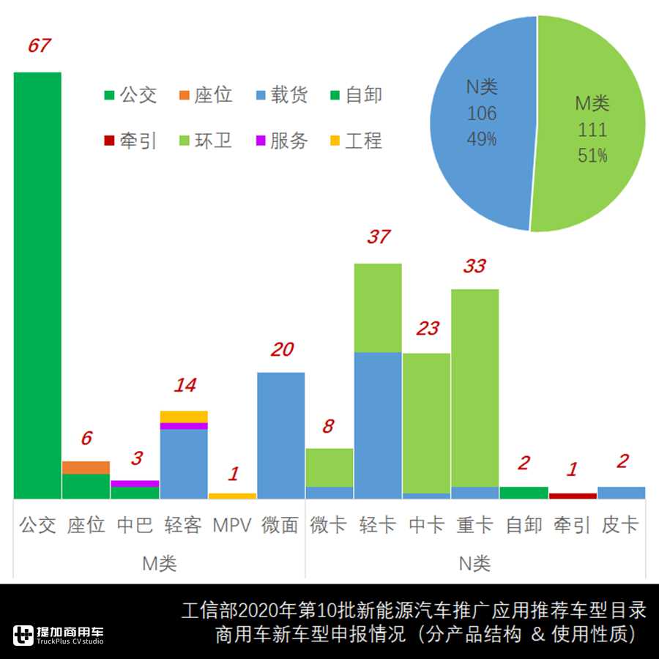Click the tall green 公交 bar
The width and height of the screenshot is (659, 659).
point(37,286)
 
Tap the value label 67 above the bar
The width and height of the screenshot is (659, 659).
point(39,45)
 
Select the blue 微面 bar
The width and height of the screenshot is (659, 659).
point(281,436)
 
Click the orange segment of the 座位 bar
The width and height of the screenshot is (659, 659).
point(86,467)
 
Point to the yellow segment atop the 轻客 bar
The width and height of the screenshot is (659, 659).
point(184,417)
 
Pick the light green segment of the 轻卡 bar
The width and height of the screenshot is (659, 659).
point(378,308)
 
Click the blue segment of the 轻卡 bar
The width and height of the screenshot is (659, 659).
point(378,425)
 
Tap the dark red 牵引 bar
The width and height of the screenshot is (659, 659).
point(573,496)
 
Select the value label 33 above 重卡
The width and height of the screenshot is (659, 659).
point(474,266)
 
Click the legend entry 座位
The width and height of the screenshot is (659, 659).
point(205,95)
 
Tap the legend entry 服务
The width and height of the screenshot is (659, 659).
point(280,141)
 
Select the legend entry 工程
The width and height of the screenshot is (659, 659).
point(355,141)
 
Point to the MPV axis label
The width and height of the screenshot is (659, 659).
point(232,525)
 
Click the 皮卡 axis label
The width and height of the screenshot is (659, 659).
point(621,525)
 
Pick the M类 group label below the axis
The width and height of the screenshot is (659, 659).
point(159,563)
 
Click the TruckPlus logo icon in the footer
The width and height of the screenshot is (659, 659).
point(24,635)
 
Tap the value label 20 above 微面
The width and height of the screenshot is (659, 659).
point(281,349)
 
